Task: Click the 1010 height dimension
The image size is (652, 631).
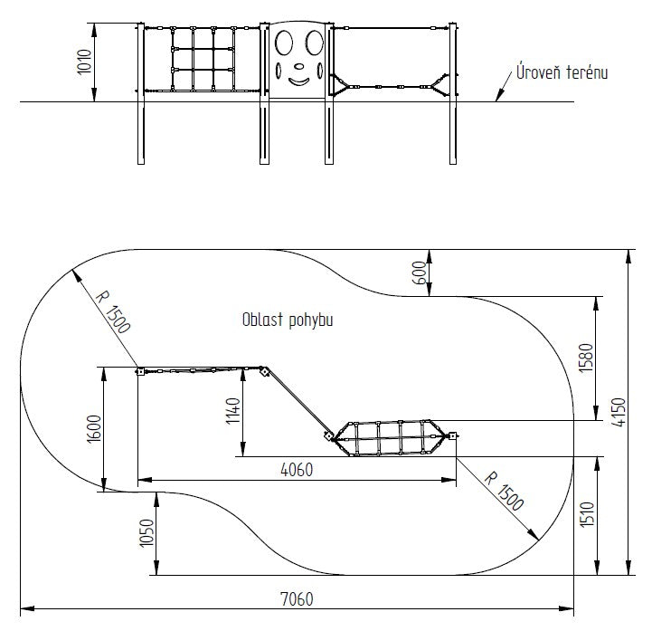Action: coord(84,62)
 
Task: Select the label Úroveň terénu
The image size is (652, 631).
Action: coord(562,72)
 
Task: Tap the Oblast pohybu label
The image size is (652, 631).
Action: coord(288,320)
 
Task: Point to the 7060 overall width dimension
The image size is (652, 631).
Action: coord(297,599)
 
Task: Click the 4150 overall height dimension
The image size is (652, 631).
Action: coord(619,412)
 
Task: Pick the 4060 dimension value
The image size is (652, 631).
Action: coord(297,470)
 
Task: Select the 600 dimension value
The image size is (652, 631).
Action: coord(420,272)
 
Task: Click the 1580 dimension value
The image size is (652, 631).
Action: coord(585,358)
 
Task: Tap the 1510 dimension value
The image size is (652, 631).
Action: coord(587,515)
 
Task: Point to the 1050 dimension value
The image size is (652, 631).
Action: coord(146,533)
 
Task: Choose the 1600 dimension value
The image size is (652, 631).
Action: coord(94,429)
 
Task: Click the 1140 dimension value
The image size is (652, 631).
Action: coord(233,411)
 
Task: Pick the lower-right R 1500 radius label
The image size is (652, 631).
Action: coord(504,492)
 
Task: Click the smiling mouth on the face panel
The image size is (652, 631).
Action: coord(299,81)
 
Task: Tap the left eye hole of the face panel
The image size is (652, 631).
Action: coord(284,43)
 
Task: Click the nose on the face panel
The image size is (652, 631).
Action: coord(299,66)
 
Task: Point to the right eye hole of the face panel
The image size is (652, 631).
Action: coord(315,43)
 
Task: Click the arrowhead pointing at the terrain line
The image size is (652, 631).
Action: coord(499,97)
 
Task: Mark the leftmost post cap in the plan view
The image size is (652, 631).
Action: coord(140,371)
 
